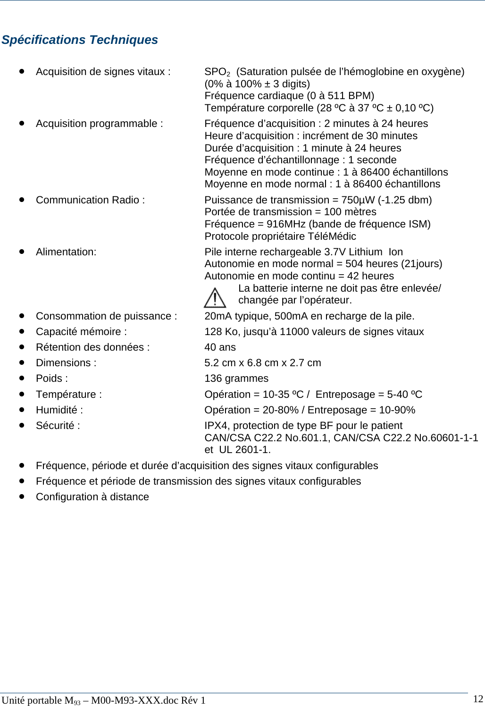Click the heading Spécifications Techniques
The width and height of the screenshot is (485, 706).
click(80, 40)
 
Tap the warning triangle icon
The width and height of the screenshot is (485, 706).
click(215, 298)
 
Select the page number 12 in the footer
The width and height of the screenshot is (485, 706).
click(478, 699)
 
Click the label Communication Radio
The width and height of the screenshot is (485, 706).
click(90, 200)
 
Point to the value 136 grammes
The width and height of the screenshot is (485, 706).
click(236, 378)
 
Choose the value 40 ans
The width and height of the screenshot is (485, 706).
click(220, 347)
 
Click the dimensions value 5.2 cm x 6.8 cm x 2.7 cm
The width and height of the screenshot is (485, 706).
click(263, 363)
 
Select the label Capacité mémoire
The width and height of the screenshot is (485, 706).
click(81, 332)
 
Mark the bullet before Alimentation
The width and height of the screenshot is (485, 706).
click(22, 252)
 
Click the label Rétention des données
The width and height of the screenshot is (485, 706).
click(92, 347)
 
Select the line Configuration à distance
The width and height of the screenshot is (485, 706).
click(92, 497)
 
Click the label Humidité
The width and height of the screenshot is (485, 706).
click(59, 410)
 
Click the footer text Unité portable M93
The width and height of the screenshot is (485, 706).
click(41, 700)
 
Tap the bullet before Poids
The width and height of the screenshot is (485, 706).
click(22, 378)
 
